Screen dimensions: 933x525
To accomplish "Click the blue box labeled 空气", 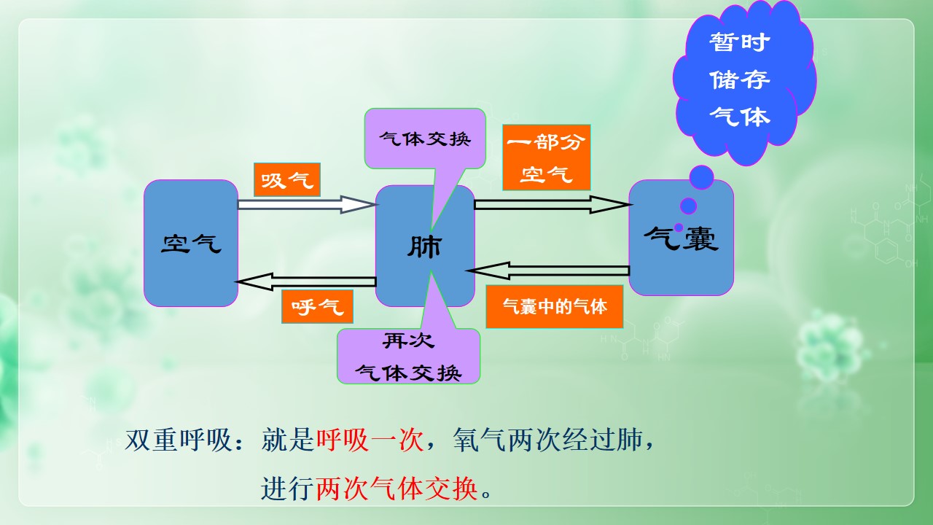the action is pos(191,244).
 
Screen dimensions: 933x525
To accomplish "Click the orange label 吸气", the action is pos(287,179).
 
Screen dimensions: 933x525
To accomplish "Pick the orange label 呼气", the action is pos(317,307).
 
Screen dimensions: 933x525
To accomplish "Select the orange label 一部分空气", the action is pos(547,157).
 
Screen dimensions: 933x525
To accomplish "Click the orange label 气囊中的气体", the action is pos(555,307).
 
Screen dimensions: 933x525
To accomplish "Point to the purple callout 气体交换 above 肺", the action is pos(425,139).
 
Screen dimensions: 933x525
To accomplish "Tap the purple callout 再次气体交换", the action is pos(409,357).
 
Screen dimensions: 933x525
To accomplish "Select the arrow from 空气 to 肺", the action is pos(307,205).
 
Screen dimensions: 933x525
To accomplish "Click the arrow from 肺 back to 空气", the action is pos(306,281).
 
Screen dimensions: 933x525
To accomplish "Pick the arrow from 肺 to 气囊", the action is pos(553,205).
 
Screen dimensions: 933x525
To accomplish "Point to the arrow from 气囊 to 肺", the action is pos(548,271).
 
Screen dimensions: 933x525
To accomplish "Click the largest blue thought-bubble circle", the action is pos(702,177).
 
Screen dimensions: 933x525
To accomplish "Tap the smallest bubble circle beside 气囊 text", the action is pos(679,227).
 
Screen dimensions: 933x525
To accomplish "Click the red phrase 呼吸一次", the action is pos(370,440).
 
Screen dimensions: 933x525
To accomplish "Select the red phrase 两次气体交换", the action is pos(397,489).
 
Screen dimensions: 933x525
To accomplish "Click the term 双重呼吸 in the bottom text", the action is pos(179,440).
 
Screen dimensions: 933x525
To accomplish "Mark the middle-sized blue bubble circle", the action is pos(689,206).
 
